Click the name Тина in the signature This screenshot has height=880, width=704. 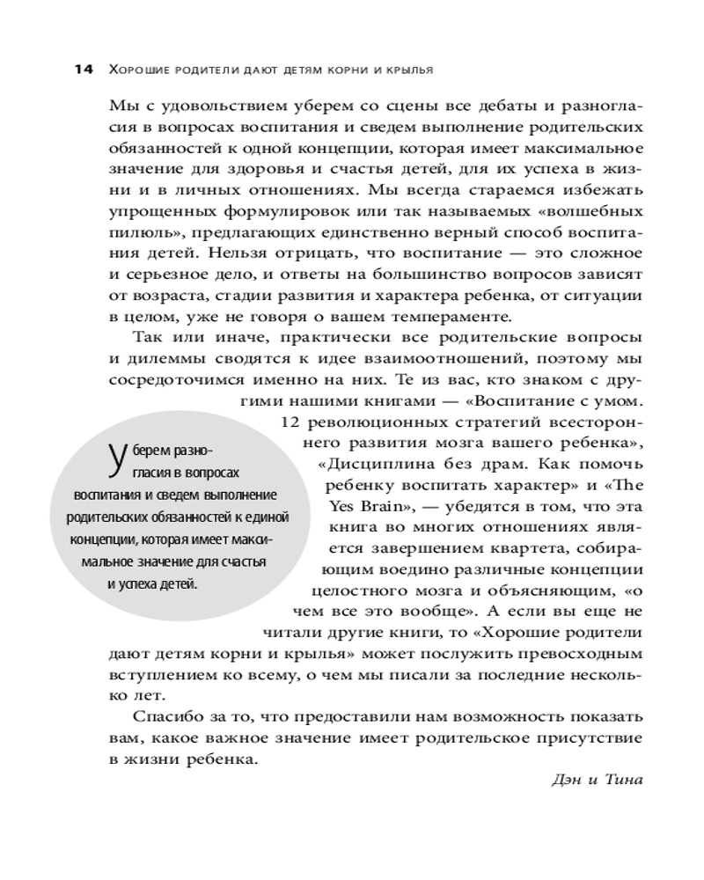point(626,779)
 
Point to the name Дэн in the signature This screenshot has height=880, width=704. point(568,779)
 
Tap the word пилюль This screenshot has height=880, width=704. point(132,230)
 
